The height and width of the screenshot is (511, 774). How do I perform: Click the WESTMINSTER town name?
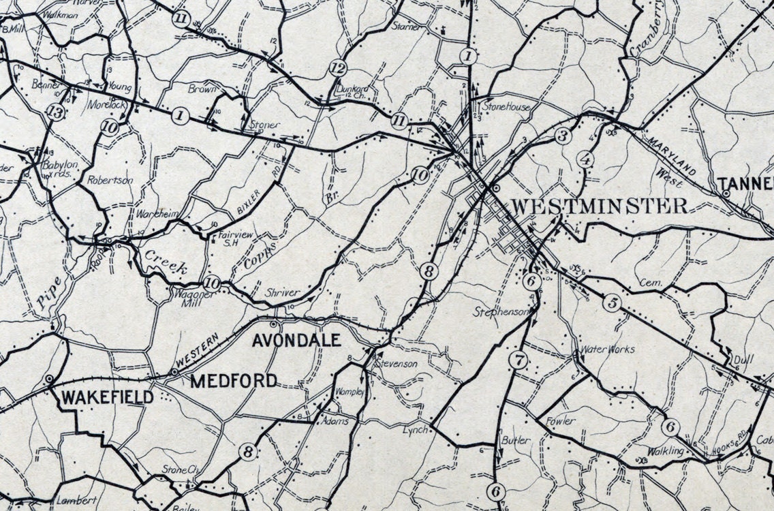click(599, 206)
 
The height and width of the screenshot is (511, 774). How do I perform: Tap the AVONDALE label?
click(296, 340)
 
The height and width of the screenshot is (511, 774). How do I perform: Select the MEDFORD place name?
click(234, 381)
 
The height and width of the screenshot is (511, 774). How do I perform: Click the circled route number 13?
click(57, 114)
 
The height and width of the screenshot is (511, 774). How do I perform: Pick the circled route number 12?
click(337, 67)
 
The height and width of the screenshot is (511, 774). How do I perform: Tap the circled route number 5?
click(612, 303)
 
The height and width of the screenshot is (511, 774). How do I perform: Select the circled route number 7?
click(518, 361)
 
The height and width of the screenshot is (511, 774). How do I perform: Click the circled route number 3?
click(562, 135)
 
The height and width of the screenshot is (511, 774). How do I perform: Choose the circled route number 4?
click(585, 161)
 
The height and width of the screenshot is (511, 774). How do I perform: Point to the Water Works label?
click(607, 350)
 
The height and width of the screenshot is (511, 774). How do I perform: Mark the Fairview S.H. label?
click(227, 239)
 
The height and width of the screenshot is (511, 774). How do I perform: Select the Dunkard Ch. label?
click(352, 91)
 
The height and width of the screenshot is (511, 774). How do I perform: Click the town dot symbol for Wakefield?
click(50, 378)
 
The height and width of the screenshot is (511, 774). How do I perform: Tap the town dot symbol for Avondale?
click(275, 324)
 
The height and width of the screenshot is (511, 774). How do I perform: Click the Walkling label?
click(664, 451)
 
